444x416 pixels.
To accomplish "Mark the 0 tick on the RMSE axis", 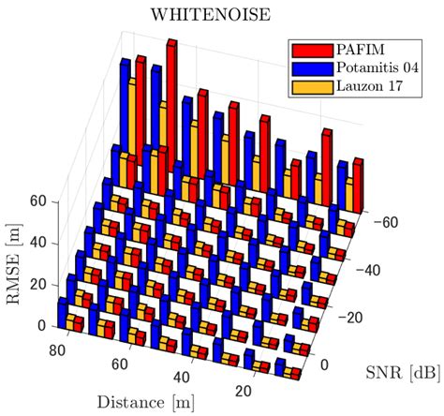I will coord(41,324).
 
